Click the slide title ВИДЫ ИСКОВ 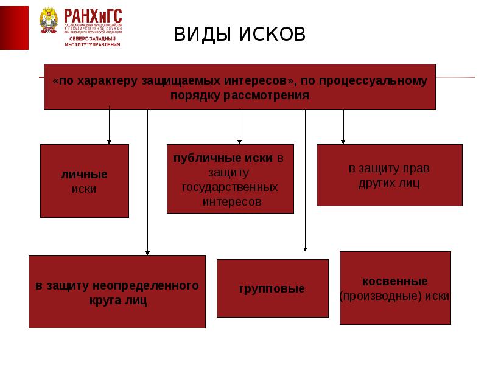240,34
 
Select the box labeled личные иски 85,181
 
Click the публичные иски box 230,178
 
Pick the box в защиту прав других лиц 389,175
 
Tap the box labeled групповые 272,288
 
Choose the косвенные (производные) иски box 394,288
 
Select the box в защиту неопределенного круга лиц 117,291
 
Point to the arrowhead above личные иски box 109,141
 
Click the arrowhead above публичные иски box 240,141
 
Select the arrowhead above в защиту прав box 343,141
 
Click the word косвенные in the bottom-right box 394,282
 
